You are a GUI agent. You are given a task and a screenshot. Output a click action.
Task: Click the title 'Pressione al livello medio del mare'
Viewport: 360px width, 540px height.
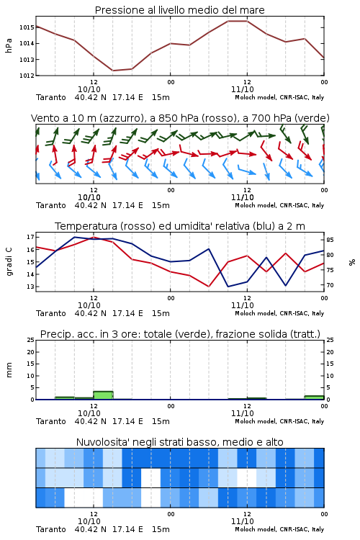[x=180, y=10]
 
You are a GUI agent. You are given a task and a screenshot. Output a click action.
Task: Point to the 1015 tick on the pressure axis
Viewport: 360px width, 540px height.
[x=27, y=27]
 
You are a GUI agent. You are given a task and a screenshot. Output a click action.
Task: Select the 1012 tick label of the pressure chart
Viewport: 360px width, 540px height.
[x=27, y=76]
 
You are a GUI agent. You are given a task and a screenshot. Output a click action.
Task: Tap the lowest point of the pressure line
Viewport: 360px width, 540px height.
[x=112, y=71]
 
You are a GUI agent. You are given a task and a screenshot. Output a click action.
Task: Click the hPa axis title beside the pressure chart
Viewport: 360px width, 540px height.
[x=9, y=45]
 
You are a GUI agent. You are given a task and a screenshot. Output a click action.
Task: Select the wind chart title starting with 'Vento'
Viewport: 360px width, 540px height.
[x=180, y=118]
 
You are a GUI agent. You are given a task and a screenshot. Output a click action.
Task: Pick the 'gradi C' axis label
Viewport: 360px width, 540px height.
[x=9, y=262]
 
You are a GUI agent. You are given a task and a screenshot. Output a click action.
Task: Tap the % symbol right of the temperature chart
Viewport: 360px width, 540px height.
[x=352, y=262]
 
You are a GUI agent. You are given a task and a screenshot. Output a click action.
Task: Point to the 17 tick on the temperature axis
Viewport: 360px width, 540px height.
[x=30, y=237]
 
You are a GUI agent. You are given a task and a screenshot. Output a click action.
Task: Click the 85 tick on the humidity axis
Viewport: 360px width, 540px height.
[x=330, y=240]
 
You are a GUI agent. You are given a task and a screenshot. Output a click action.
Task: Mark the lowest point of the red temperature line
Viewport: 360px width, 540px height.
[x=209, y=287]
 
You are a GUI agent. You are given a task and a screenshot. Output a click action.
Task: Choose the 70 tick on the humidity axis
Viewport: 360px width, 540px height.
[x=330, y=285]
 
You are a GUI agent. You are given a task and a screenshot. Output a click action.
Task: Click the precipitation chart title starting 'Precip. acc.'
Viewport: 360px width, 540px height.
[x=180, y=334]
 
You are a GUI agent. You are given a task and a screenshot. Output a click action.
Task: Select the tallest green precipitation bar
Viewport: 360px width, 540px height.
[x=103, y=395]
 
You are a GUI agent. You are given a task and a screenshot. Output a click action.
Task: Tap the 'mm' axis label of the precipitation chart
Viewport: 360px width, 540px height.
[x=9, y=370]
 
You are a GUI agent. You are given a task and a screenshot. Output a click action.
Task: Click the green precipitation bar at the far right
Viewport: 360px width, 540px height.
[x=314, y=397]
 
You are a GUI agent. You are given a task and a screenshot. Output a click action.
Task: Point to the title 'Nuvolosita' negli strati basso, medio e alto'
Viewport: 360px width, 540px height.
[x=180, y=442]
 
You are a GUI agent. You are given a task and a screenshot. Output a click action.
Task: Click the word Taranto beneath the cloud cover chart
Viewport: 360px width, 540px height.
[x=51, y=529]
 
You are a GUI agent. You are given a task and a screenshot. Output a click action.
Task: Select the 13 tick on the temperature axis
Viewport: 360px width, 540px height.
[x=30, y=287]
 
